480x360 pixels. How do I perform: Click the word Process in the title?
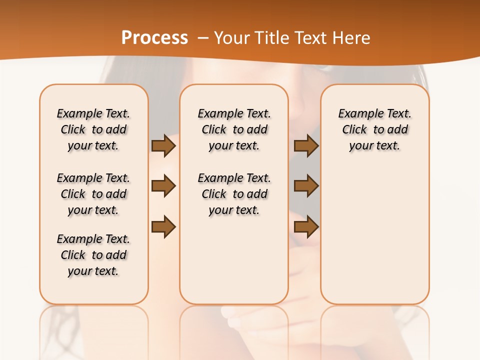click(154, 37)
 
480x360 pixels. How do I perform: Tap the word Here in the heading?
click(352, 38)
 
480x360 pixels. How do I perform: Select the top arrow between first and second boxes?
click(163, 145)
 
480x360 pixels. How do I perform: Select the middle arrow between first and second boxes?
click(163, 186)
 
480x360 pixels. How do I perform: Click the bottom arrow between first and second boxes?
click(163, 227)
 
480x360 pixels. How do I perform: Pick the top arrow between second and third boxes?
click(306, 145)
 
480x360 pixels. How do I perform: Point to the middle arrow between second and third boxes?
click(306, 186)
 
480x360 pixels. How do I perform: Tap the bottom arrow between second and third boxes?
click(306, 227)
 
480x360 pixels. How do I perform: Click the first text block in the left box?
click(93, 129)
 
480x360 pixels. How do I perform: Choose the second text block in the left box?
click(93, 194)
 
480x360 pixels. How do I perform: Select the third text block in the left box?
click(93, 255)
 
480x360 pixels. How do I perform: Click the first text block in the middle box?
click(234, 129)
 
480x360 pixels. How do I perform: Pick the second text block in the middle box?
click(234, 194)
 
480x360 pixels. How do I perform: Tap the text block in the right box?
click(375, 129)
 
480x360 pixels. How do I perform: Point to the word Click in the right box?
click(354, 130)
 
